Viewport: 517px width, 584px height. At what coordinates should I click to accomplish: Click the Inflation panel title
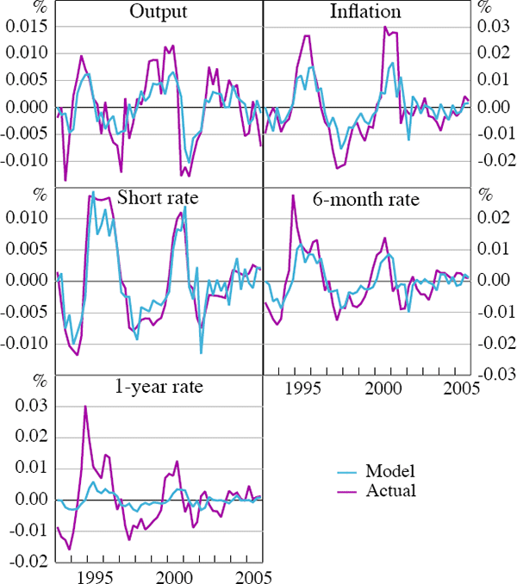tap(365, 12)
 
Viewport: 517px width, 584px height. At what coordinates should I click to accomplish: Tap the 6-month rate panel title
tap(365, 200)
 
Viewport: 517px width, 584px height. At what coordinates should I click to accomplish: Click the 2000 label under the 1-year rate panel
tap(178, 575)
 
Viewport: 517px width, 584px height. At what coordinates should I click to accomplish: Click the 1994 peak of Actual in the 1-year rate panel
tap(85, 407)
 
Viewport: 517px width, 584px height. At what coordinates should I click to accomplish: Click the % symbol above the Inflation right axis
tap(483, 7)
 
